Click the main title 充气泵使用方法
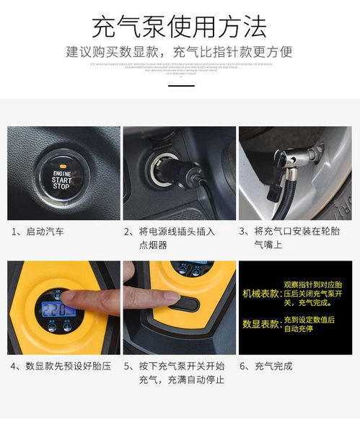coord(180,26)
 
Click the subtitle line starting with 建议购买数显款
coord(180,52)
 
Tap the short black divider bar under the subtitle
coord(180,85)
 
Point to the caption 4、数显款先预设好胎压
coord(61,366)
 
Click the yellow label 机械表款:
coord(260,294)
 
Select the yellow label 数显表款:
coord(260,324)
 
